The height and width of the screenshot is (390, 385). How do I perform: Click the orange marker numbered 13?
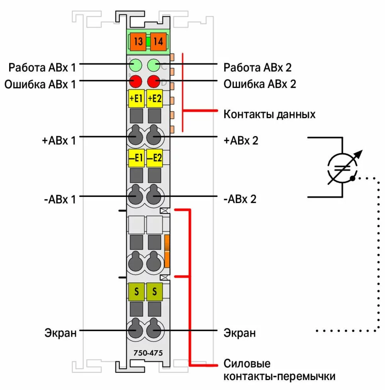[138, 41]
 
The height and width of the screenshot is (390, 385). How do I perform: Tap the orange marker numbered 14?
[158, 41]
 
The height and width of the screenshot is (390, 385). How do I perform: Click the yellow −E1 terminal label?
[136, 158]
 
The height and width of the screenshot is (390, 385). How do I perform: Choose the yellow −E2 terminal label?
[154, 158]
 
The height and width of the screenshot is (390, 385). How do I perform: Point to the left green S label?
[136, 292]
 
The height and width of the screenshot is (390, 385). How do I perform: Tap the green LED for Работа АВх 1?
[136, 64]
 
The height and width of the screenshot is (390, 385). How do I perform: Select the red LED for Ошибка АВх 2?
[154, 82]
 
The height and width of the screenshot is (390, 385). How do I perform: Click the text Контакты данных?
[270, 115]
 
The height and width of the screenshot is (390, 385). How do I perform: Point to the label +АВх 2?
[240, 140]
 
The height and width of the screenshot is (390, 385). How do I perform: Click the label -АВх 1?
[59, 199]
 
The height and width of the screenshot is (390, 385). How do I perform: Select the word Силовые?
[247, 363]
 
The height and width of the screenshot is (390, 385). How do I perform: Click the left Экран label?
[61, 333]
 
